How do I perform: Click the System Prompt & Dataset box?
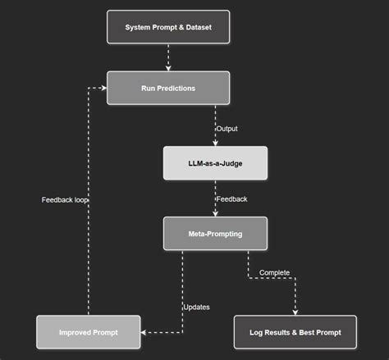pos(168,27)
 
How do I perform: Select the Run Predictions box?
pos(168,88)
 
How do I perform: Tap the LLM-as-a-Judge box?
pos(215,163)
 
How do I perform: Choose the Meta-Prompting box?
pos(215,233)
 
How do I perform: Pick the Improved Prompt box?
pos(88,332)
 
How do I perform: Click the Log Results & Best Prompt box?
pos(295,332)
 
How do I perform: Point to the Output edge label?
pos(227,129)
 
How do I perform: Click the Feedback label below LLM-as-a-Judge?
pos(231,199)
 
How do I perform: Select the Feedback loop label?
pos(65,199)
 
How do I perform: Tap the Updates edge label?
pos(197,307)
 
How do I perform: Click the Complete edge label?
pos(274,272)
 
